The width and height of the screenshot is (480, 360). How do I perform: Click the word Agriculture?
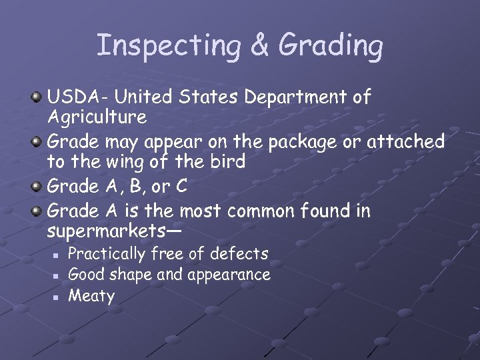(97, 118)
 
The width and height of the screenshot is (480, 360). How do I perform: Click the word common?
(259, 211)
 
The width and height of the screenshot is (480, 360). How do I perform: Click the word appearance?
(231, 275)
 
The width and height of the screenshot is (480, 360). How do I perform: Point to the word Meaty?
(91, 295)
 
